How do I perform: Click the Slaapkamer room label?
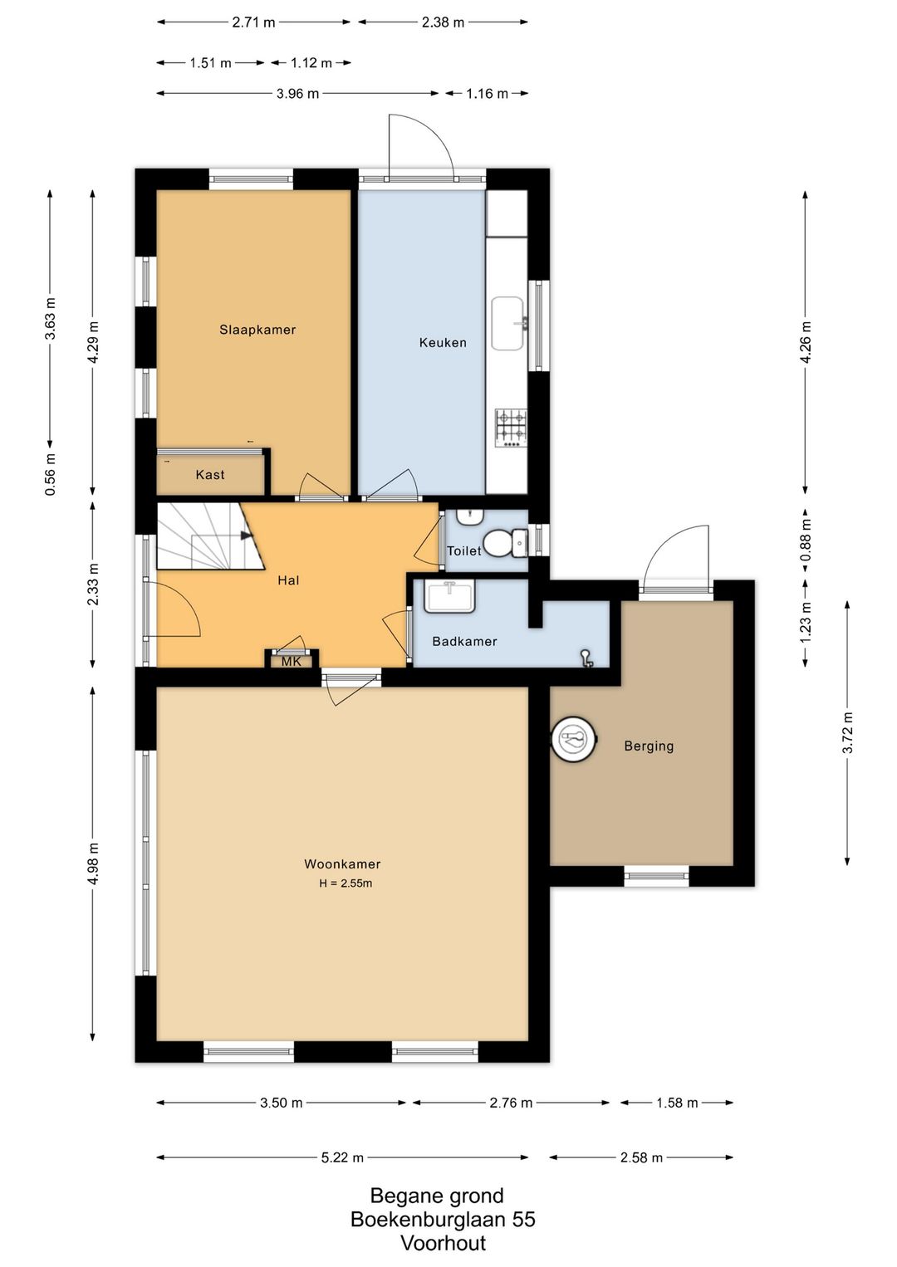257,329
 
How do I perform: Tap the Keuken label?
443,342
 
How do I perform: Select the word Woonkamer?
342,863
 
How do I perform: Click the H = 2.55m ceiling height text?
346,883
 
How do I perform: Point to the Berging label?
649,746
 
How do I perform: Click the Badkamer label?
464,641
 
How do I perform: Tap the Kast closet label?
210,475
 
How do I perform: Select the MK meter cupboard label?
292,661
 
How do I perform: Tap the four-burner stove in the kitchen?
512,428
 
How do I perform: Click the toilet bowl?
498,541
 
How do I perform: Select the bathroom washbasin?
450,596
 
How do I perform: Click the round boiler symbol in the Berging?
574,738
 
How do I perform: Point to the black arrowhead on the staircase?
246,535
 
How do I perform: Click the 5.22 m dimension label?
342,1157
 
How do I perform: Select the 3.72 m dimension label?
847,732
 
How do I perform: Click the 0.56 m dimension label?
51,474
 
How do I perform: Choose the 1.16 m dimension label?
487,93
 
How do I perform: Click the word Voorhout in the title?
444,1243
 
